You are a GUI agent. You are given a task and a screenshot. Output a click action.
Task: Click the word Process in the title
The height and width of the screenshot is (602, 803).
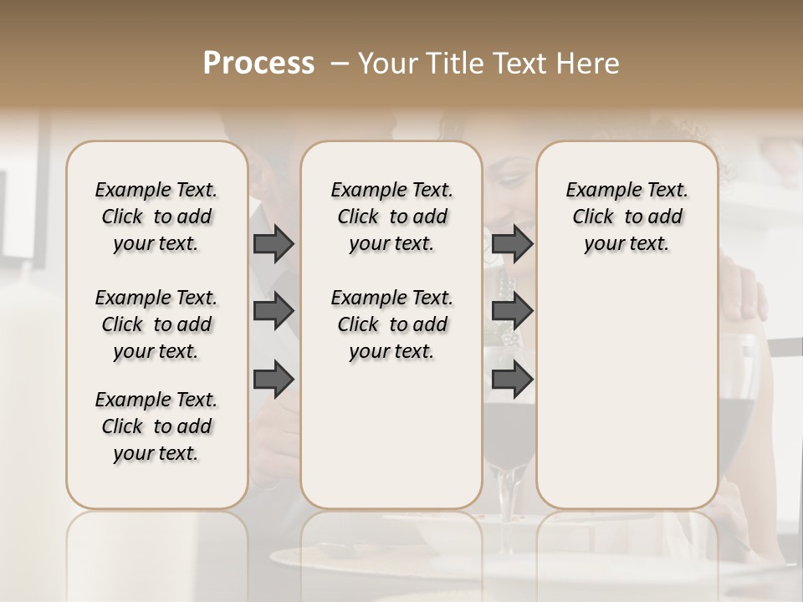click(x=258, y=64)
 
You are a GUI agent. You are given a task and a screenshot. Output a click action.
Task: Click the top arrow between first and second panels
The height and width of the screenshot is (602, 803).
click(x=274, y=244)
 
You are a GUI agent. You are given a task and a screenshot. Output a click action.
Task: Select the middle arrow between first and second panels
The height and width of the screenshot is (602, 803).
click(x=274, y=312)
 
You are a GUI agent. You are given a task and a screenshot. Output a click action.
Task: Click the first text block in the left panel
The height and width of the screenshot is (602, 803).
click(x=156, y=217)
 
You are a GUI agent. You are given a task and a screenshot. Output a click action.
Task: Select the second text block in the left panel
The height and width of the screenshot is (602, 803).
click(x=156, y=324)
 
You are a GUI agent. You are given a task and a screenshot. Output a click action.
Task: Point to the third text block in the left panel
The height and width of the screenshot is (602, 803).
click(x=156, y=426)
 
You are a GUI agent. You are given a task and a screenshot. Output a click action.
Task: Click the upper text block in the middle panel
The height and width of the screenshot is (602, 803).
click(x=391, y=217)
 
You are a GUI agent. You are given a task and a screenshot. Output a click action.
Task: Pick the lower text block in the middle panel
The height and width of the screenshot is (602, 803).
click(x=391, y=324)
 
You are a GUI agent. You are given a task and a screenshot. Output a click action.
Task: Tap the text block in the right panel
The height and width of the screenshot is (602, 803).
click(x=627, y=217)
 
